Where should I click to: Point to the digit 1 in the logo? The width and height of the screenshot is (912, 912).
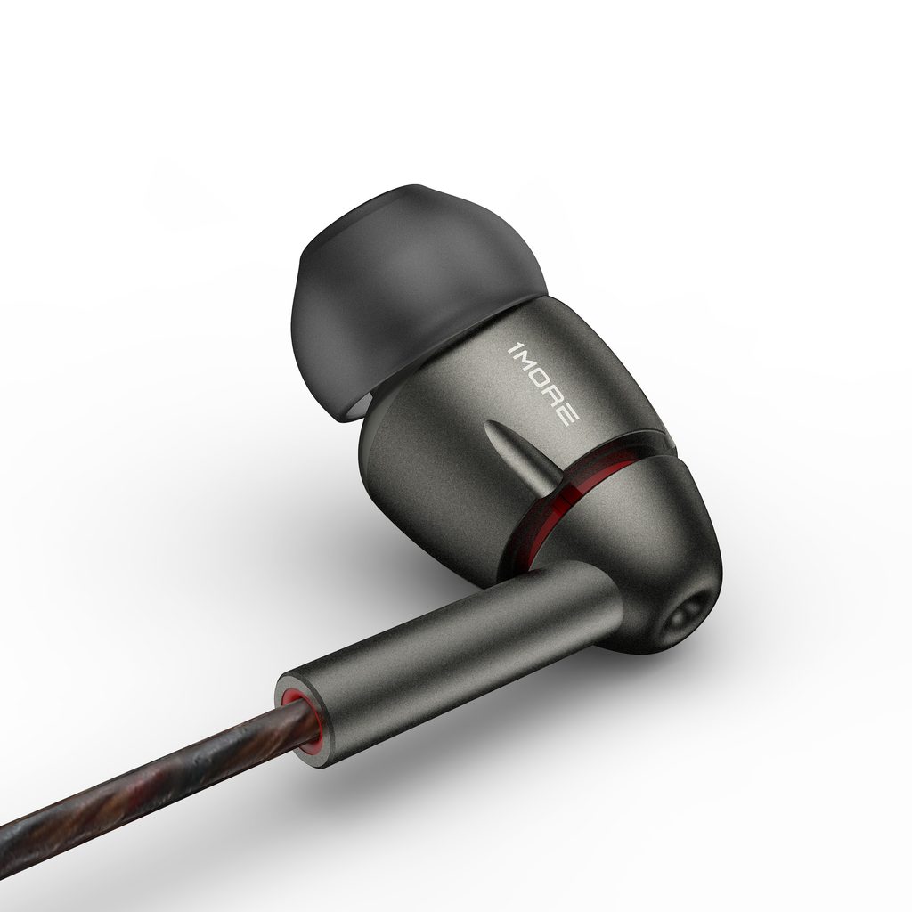click(x=513, y=349)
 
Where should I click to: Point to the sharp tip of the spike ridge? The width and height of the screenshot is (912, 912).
click(x=486, y=422)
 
